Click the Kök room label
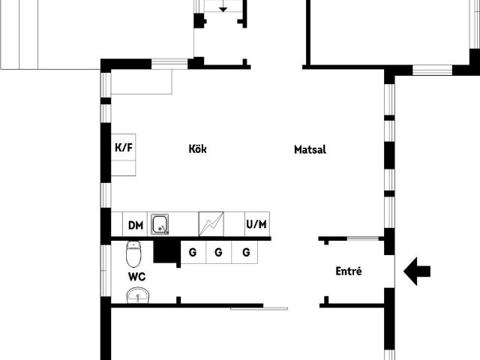[x=197, y=149]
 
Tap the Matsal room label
[x=310, y=150]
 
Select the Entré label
[x=348, y=271]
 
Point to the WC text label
[x=136, y=277]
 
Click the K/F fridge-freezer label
[x=124, y=148]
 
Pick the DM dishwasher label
[x=136, y=226]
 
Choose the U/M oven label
[x=256, y=224]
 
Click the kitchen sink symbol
[x=160, y=224]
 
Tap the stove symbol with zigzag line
[x=211, y=224]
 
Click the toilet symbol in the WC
[x=133, y=254]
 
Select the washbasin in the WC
[x=138, y=295]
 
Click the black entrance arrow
[x=417, y=271]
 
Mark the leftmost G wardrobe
[x=193, y=252]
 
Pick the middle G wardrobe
[x=218, y=252]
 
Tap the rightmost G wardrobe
[x=245, y=252]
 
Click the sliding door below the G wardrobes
[x=259, y=309]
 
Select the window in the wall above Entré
[x=363, y=238]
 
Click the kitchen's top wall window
[x=169, y=64]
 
